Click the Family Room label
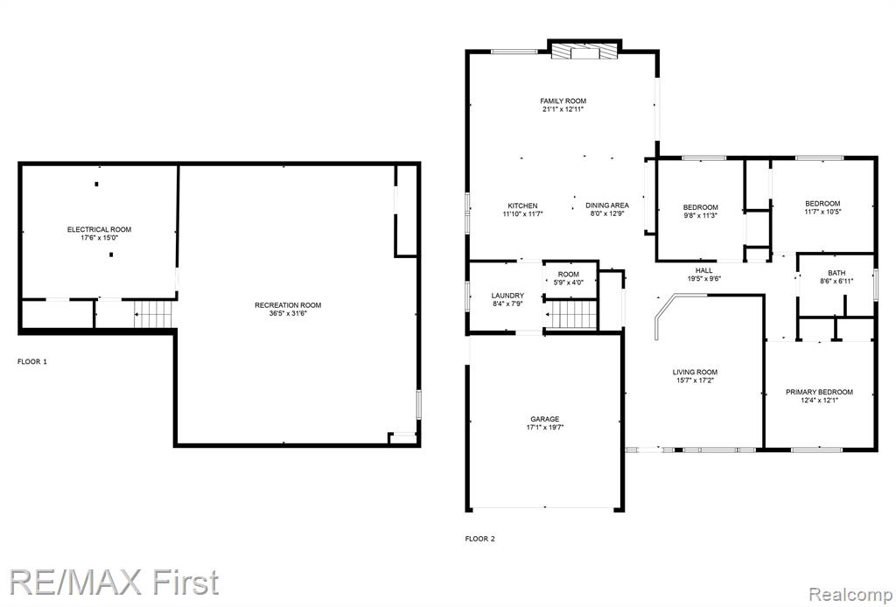click(x=563, y=101)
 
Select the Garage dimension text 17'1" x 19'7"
click(x=544, y=427)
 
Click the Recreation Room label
click(x=288, y=305)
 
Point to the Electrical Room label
click(x=100, y=229)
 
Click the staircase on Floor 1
click(x=153, y=314)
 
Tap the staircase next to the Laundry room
click(x=570, y=315)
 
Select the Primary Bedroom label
click(x=819, y=392)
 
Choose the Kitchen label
click(x=523, y=206)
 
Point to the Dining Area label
click(x=607, y=205)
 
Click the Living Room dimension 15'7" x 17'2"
click(x=695, y=380)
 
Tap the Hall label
click(x=704, y=270)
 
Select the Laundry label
click(x=507, y=296)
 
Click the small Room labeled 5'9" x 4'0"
click(x=569, y=278)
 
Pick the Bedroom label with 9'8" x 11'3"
click(x=701, y=207)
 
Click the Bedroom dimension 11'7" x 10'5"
click(x=822, y=212)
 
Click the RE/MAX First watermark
click(x=115, y=583)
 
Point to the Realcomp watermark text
click(x=851, y=593)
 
